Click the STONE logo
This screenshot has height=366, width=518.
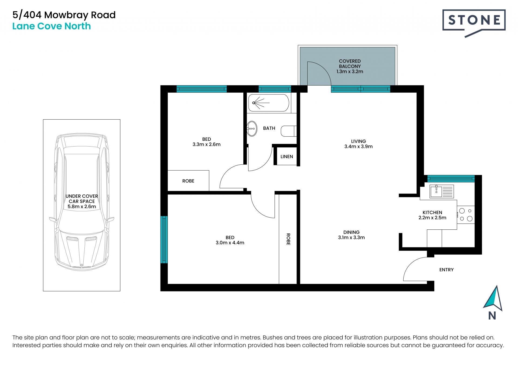pyautogui.click(x=474, y=23)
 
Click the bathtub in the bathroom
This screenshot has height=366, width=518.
pyautogui.click(x=268, y=103)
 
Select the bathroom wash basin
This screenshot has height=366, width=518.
pyautogui.click(x=252, y=128)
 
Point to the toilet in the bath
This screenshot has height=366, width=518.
pyautogui.click(x=289, y=131)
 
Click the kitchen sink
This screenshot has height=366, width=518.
pyautogui.click(x=442, y=191)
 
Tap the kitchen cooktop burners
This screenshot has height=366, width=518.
pyautogui.click(x=466, y=215)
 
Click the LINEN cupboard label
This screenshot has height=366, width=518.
pyautogui.click(x=287, y=157)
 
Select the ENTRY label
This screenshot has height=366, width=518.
pyautogui.click(x=446, y=270)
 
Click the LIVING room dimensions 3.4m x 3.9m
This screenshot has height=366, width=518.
pyautogui.click(x=358, y=147)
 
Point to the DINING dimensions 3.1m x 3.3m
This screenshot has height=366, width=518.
pyautogui.click(x=351, y=238)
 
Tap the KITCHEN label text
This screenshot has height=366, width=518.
pyautogui.click(x=432, y=212)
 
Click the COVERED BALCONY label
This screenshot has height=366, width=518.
pyautogui.click(x=350, y=64)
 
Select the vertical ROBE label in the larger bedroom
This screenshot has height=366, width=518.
pyautogui.click(x=288, y=239)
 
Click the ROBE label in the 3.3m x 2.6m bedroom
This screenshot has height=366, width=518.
pyautogui.click(x=188, y=181)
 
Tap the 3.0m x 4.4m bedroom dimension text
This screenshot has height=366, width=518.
pyautogui.click(x=230, y=243)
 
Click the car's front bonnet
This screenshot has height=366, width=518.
pyautogui.click(x=81, y=247)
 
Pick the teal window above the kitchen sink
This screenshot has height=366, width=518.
pyautogui.click(x=451, y=178)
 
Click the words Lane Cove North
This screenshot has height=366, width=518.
pyautogui.click(x=52, y=26)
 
